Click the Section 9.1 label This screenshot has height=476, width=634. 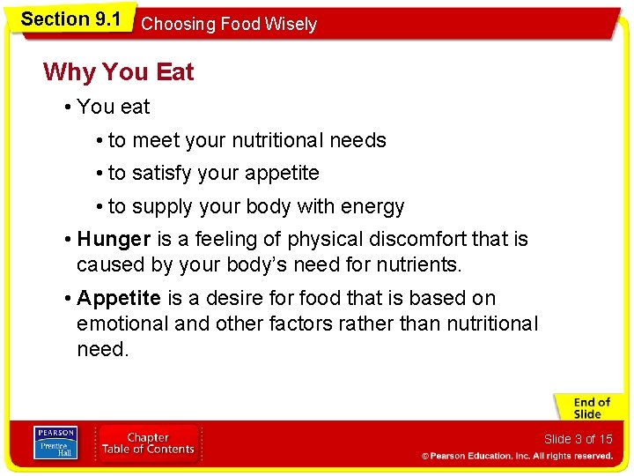pyautogui.click(x=70, y=19)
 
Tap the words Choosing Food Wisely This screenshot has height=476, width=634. pyautogui.click(x=229, y=24)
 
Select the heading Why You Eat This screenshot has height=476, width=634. pyautogui.click(x=118, y=71)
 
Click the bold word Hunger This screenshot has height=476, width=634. pyautogui.click(x=114, y=239)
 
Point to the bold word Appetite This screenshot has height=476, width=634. pyautogui.click(x=119, y=298)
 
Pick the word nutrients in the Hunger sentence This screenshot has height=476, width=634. pyautogui.click(x=418, y=264)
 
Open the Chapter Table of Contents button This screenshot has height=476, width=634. pyautogui.click(x=148, y=443)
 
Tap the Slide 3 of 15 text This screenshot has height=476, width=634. pyautogui.click(x=578, y=439)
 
